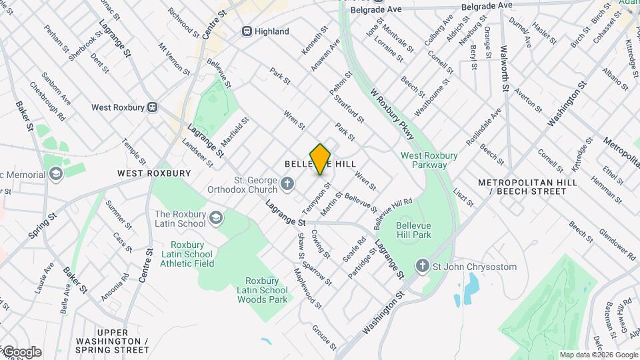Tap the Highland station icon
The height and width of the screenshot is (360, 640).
247,31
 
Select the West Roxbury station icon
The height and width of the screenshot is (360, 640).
153,107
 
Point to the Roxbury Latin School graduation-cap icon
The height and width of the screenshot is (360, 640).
216,218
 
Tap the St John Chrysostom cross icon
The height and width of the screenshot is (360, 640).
421,267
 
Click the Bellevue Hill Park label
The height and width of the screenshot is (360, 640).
413,229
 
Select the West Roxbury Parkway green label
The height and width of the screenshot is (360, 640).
429,160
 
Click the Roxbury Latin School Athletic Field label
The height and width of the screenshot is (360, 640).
187,254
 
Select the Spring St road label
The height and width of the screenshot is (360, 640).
42,226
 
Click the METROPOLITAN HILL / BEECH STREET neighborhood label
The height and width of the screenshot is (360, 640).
522,187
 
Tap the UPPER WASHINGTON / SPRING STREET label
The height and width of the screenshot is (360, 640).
122,341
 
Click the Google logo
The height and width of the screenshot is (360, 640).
21,352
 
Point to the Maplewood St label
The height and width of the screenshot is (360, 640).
307,288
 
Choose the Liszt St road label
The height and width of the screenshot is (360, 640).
465,197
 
